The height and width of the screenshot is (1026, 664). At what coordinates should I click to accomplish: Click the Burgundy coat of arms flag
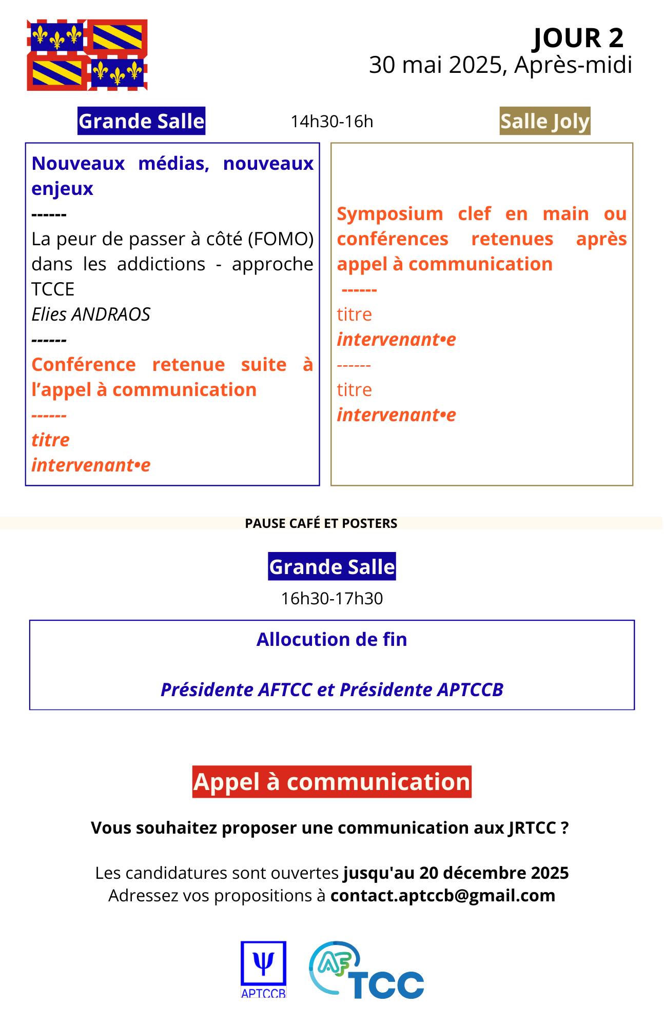(87, 55)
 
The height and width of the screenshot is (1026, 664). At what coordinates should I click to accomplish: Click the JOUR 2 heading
(578, 38)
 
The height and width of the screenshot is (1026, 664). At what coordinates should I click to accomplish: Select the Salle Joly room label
(545, 122)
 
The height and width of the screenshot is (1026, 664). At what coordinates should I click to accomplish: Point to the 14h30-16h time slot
(332, 122)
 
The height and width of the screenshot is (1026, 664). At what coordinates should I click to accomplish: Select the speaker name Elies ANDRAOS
(91, 314)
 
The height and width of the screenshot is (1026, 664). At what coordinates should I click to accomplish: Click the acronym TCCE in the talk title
(53, 289)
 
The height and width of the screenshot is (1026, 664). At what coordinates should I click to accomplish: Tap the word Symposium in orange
(390, 214)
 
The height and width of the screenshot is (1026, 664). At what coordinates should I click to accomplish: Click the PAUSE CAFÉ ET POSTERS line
(321, 523)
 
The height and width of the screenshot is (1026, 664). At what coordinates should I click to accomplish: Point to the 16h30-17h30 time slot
(332, 599)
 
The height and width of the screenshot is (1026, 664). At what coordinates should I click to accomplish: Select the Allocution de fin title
(332, 640)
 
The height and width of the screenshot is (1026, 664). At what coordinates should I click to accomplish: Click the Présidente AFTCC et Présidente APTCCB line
(332, 690)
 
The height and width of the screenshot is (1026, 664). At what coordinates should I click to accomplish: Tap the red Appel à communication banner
(332, 782)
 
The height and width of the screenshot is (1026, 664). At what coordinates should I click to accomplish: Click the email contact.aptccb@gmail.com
(443, 895)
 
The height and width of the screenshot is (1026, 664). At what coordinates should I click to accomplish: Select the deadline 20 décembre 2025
(494, 873)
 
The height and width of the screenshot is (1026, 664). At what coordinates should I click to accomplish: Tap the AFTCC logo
(366, 970)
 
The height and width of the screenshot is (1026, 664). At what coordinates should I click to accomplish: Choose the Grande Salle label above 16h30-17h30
(332, 567)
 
